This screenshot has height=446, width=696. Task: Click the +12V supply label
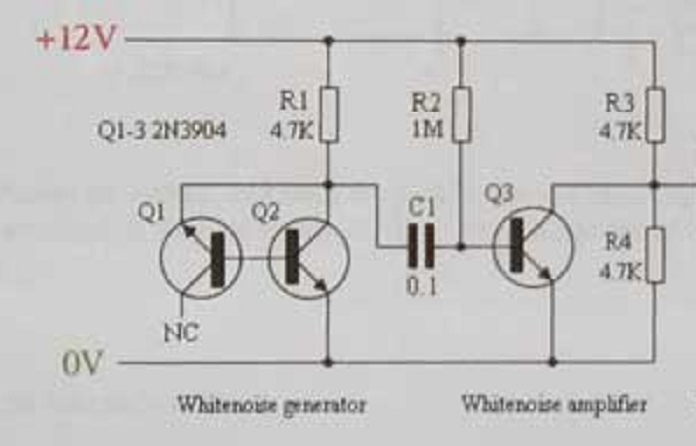click(76, 39)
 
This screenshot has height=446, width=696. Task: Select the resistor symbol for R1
click(329, 113)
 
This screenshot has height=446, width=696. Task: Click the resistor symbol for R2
click(460, 113)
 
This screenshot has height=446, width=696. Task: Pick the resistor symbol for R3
click(655, 113)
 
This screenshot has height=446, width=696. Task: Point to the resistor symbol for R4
click(655, 254)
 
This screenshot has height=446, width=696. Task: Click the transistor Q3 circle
click(533, 247)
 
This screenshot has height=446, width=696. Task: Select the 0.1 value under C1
click(421, 287)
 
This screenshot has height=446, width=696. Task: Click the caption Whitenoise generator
click(271, 405)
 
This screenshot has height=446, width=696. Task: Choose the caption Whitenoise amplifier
click(555, 405)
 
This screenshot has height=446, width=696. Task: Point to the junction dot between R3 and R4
click(655, 185)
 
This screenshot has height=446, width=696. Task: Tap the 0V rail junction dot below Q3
click(553, 362)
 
